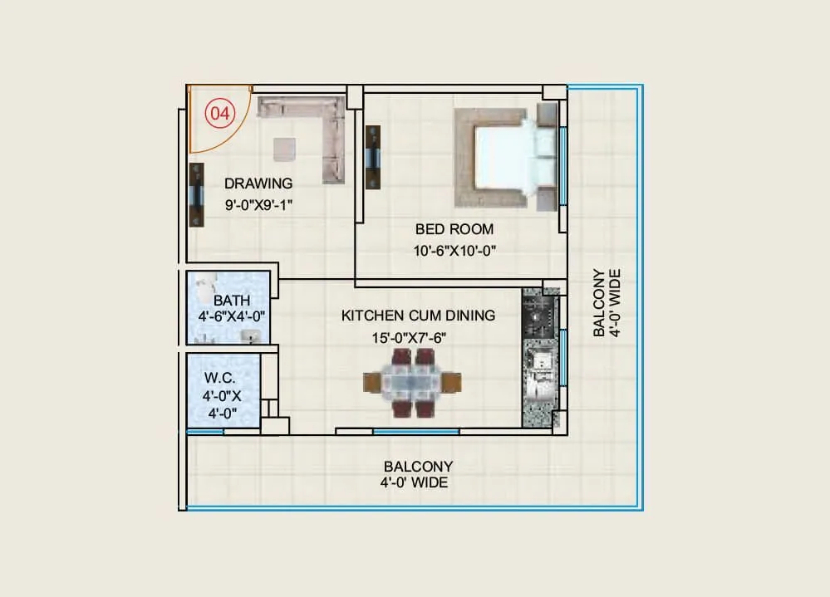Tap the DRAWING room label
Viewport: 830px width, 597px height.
click(258, 184)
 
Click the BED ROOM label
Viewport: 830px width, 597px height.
click(454, 229)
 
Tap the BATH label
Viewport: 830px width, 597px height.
click(231, 300)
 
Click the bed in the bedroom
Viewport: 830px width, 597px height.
click(507, 157)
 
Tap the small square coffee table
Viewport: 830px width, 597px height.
click(285, 149)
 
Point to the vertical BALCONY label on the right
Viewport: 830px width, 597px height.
click(605, 303)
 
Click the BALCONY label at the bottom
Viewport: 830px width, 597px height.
click(418, 473)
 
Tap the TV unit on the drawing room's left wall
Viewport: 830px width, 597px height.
click(197, 195)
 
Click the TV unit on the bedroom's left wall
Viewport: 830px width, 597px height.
click(373, 157)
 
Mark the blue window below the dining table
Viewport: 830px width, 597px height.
click(415, 431)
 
